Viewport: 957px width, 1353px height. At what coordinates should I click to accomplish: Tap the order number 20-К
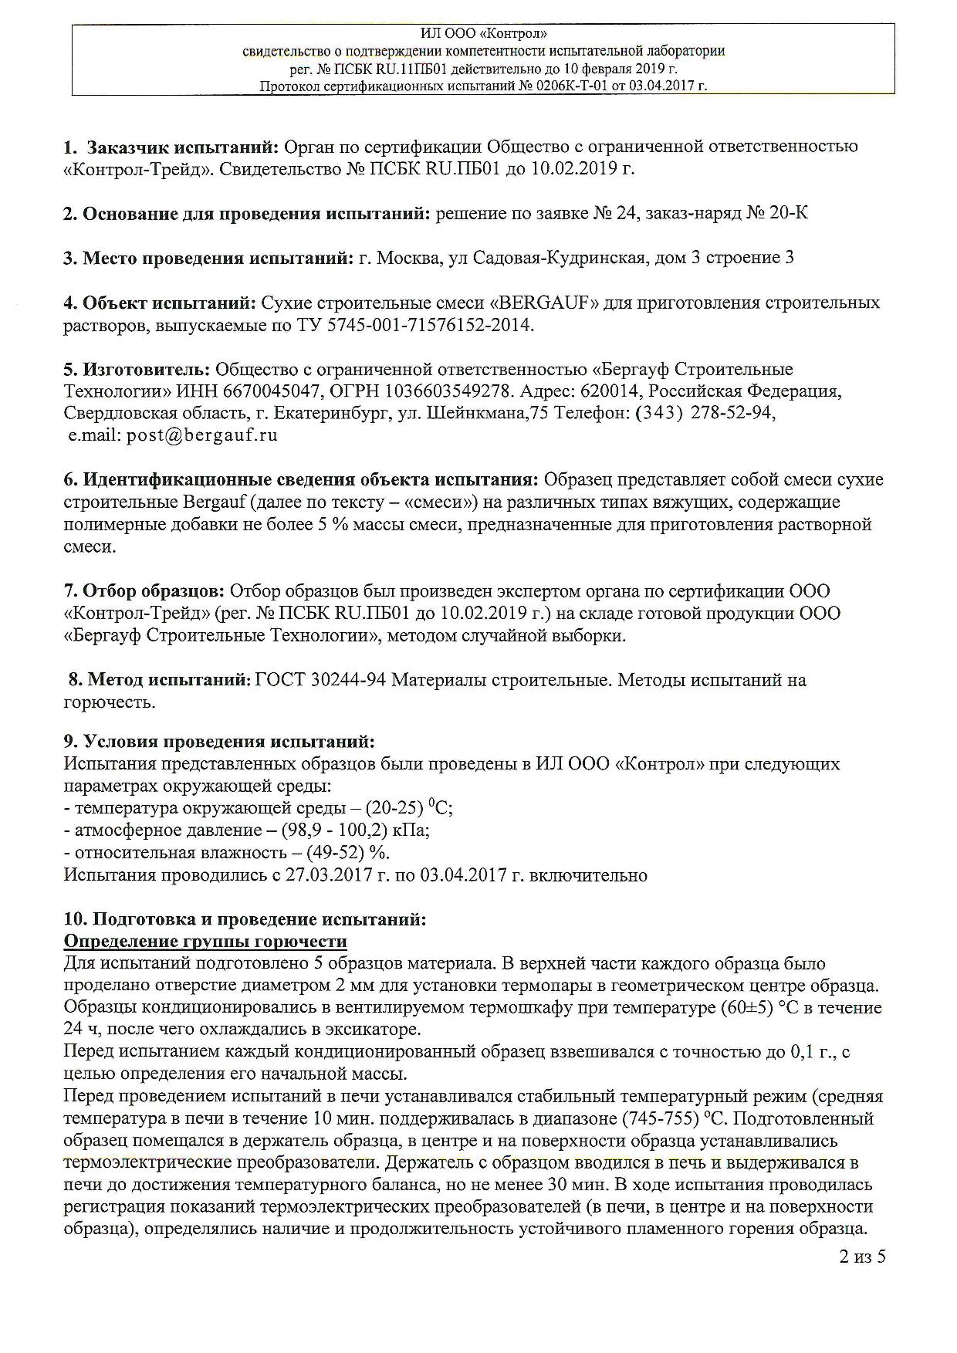[788, 213]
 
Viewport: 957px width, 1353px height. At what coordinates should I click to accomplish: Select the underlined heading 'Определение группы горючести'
[205, 942]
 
